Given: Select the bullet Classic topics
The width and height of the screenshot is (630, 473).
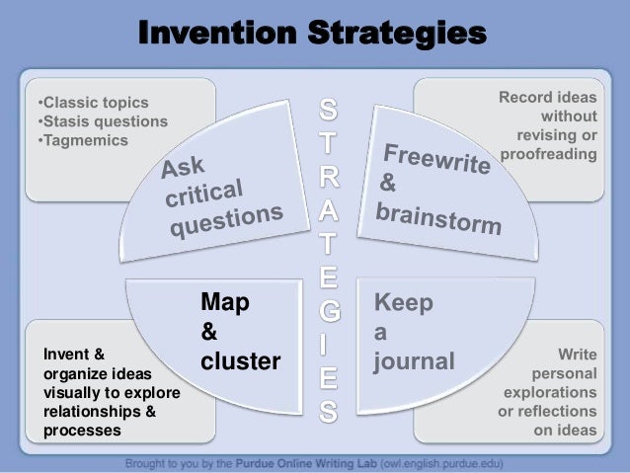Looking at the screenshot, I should [x=92, y=103].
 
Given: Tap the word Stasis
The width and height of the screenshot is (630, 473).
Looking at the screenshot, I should [x=65, y=121].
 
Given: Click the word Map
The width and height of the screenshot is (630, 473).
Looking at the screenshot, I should [x=225, y=303].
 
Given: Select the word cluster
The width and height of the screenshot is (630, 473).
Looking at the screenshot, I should [x=241, y=362].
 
